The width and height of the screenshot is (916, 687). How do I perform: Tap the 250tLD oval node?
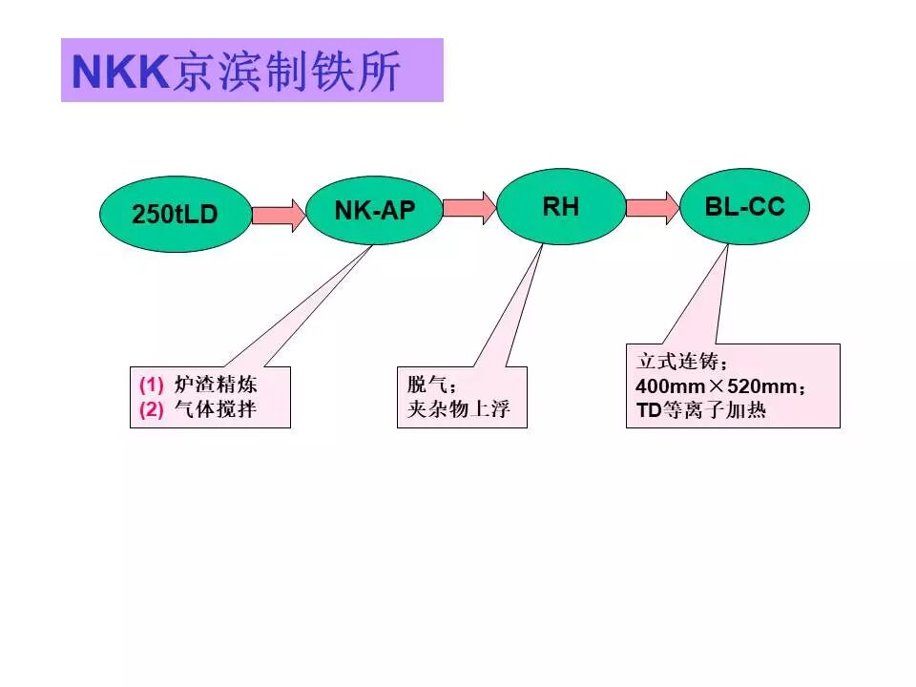click(x=175, y=215)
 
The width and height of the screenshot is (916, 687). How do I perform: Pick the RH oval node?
click(x=561, y=206)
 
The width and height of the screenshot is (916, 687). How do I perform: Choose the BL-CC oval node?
click(x=744, y=206)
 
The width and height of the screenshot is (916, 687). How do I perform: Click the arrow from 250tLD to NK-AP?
click(x=278, y=216)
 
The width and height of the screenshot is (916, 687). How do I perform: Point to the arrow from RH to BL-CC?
click(x=653, y=207)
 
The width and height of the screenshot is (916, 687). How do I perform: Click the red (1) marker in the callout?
click(x=152, y=386)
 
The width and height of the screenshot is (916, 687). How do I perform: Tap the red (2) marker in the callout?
click(x=152, y=410)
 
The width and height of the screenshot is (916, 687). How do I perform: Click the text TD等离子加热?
click(x=700, y=412)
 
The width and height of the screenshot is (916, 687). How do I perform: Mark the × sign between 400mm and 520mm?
click(x=713, y=388)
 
